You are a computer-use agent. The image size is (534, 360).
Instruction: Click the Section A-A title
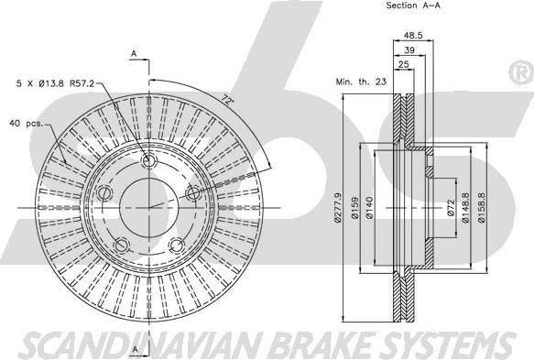click(x=413, y=5)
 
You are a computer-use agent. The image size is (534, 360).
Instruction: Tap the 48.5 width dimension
click(x=413, y=35)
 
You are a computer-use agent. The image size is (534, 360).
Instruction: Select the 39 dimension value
click(x=409, y=50)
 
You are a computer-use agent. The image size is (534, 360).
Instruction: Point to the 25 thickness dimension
click(x=404, y=64)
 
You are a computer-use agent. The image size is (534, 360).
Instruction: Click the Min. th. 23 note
click(x=361, y=82)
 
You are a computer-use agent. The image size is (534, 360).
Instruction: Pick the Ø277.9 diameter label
click(x=337, y=207)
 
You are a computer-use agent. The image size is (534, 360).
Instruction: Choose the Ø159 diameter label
click(x=355, y=208)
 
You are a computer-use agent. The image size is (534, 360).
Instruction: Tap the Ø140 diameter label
click(x=370, y=208)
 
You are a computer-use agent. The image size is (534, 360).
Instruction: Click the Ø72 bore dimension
click(x=451, y=208)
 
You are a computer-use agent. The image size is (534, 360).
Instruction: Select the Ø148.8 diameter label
click(x=465, y=208)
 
